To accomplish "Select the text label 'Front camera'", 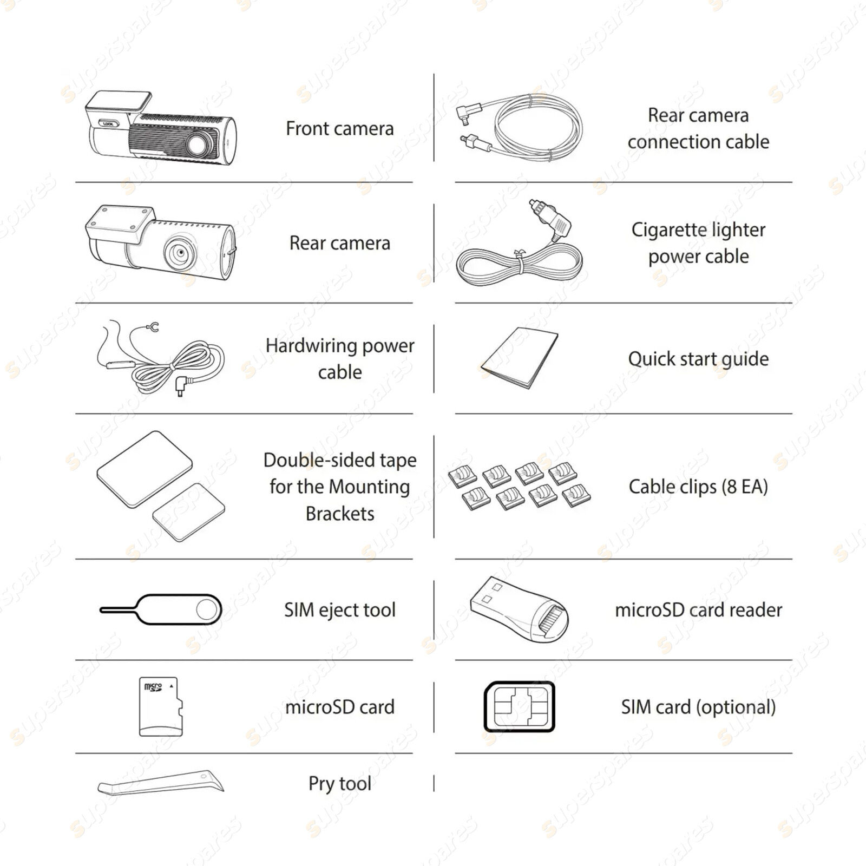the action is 339,129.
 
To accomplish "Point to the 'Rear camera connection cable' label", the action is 698,128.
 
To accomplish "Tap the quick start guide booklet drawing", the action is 520,358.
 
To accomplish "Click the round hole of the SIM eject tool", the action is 206,610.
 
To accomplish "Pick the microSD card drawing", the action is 161,706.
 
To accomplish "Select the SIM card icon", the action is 519,706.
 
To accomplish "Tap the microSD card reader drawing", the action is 519,610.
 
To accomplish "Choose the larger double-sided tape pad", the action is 145,469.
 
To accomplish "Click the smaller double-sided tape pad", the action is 189,512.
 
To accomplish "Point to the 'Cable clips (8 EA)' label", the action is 698,487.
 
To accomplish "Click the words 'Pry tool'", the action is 339,783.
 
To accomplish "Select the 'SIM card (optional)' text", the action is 698,707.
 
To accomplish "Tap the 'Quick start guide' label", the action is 698,359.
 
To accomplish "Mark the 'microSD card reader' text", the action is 698,610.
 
